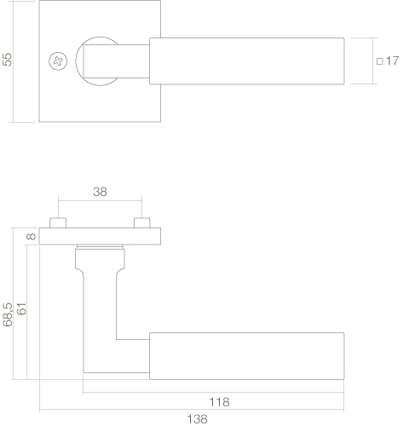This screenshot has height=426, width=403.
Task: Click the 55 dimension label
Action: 8,60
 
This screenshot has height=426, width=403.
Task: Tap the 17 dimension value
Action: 392,60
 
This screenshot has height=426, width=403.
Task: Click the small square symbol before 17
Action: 380,61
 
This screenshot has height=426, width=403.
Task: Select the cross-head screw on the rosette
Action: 58,61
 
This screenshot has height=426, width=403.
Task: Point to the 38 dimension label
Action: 100,192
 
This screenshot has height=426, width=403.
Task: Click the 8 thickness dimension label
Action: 31,236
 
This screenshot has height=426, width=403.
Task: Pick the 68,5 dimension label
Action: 8,314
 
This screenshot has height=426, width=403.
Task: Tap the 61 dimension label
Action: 21,308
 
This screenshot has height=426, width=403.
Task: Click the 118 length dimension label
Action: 219,402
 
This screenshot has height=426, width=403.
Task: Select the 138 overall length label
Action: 197,419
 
